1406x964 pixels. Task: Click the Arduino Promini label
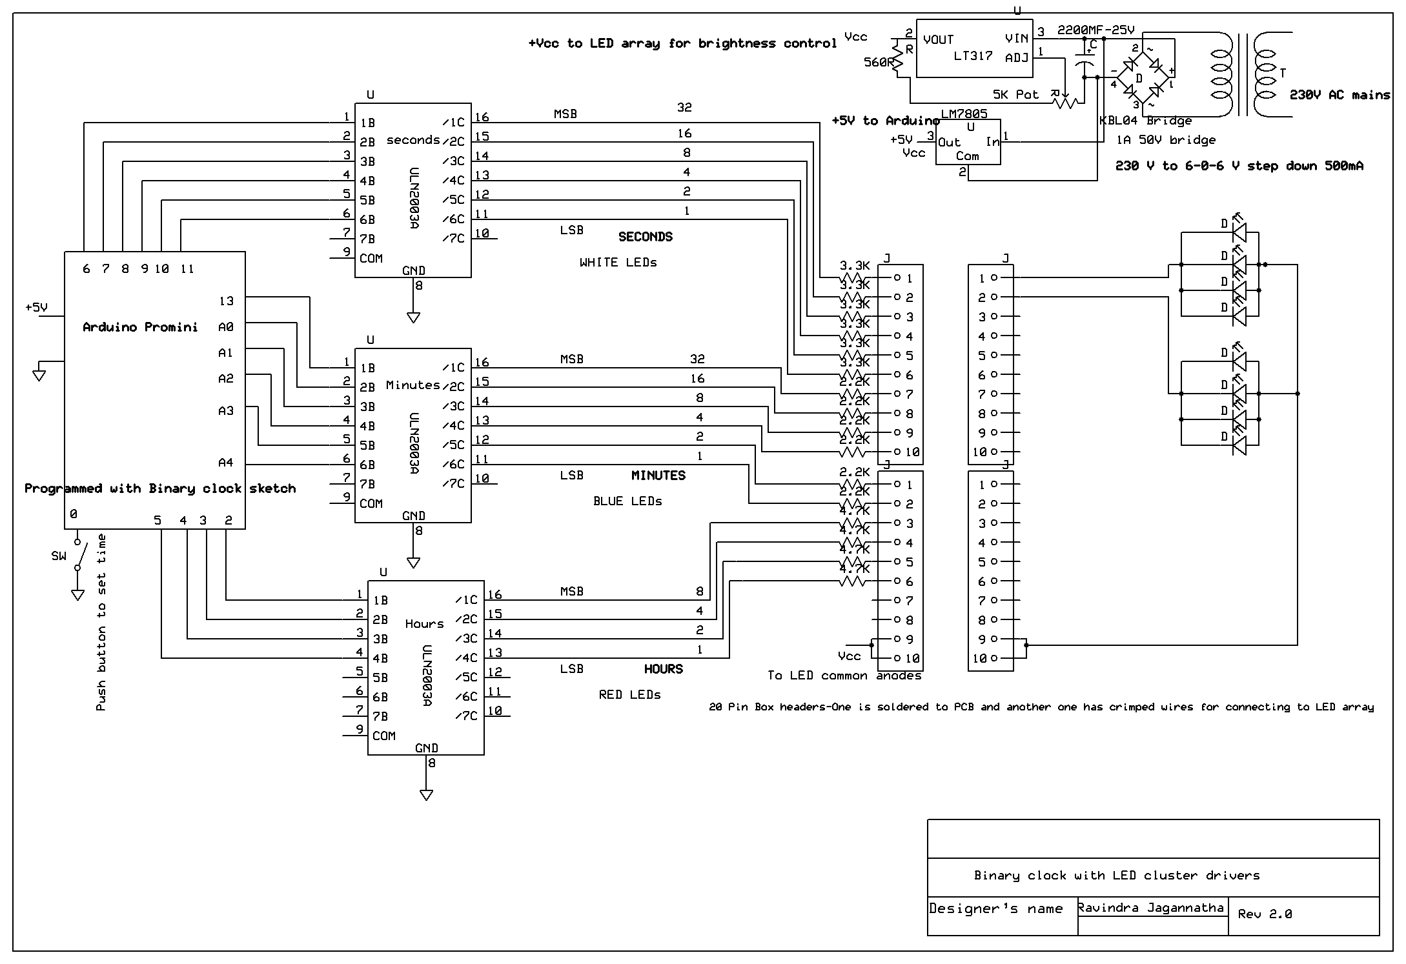tap(140, 327)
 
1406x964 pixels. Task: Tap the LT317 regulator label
tap(973, 56)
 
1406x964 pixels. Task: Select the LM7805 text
tap(964, 114)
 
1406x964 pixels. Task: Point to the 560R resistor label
tap(879, 63)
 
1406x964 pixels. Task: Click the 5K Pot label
tap(1015, 95)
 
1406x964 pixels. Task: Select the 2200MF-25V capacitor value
tap(1095, 30)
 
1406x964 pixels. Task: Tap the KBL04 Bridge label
tap(1145, 121)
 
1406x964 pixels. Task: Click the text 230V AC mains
tap(1340, 95)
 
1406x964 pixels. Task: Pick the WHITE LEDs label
tap(618, 263)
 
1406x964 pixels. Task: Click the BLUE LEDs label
tap(627, 501)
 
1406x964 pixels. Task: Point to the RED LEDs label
tap(629, 695)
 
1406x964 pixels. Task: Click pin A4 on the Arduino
tap(225, 463)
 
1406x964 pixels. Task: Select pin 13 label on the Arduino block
tap(226, 301)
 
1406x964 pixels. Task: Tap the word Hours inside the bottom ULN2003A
tap(424, 624)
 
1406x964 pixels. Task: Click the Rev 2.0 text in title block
tap(1265, 914)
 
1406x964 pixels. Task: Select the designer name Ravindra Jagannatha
tap(1150, 908)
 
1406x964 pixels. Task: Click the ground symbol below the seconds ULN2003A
tap(413, 317)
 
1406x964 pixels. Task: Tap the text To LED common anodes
tap(844, 676)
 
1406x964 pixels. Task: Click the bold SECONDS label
tap(645, 237)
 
